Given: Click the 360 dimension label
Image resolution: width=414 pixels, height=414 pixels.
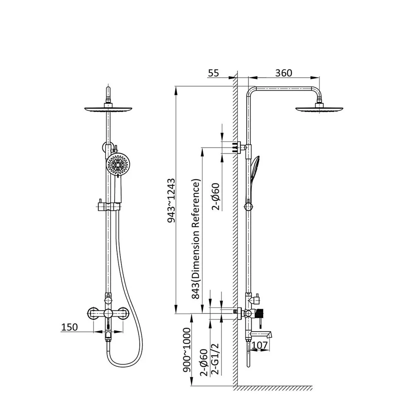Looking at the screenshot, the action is (x=284, y=73).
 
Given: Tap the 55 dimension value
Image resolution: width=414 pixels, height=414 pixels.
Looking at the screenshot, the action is (x=213, y=73).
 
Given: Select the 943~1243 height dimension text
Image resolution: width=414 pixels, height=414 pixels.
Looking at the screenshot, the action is (x=171, y=201).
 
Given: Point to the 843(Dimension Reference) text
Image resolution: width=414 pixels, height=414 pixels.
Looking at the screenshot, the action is (x=196, y=239).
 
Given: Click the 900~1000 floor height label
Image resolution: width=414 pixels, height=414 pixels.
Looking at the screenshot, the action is (x=187, y=350).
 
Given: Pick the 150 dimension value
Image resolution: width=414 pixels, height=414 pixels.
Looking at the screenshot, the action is (x=70, y=327).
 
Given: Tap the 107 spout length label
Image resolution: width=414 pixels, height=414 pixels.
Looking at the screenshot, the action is (x=260, y=345).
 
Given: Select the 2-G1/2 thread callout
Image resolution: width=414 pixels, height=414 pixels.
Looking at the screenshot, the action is (x=215, y=359).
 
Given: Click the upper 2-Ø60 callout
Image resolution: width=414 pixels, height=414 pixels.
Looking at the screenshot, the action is (x=216, y=196).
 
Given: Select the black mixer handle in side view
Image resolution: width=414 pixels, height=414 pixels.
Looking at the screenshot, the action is (x=260, y=314).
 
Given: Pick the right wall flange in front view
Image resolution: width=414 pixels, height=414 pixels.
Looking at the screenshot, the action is (x=123, y=314).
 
